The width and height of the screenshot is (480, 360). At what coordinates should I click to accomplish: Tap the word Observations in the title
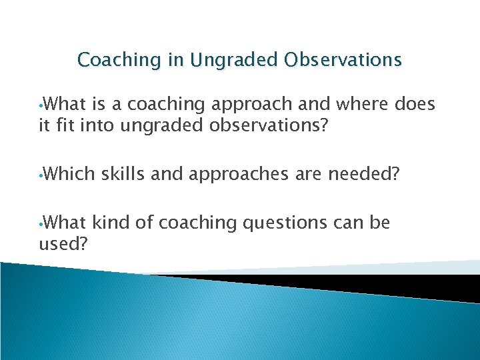(344, 60)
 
